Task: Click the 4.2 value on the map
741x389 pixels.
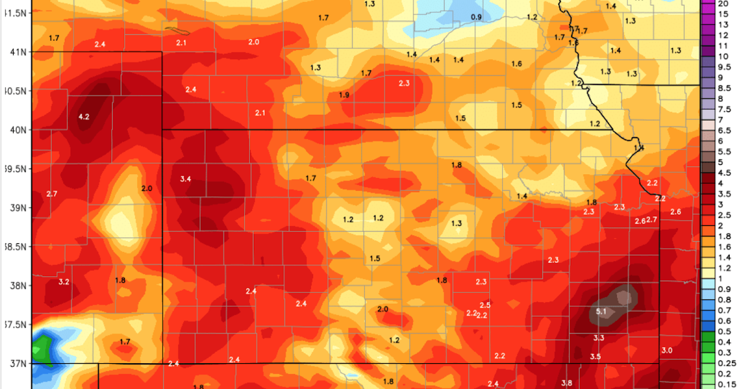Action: point(83,116)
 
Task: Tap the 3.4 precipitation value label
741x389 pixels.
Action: point(185,179)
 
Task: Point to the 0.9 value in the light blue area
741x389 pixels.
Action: point(476,17)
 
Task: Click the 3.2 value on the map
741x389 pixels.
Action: point(64,282)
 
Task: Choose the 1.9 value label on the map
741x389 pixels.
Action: point(344,94)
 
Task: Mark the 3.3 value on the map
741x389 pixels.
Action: point(598,338)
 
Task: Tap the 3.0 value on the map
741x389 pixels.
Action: point(667,351)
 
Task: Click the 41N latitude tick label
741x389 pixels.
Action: point(16,52)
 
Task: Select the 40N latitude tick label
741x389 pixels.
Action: point(16,130)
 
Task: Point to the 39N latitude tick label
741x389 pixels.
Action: point(16,207)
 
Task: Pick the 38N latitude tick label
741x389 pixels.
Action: point(16,285)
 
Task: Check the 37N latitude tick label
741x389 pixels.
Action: point(16,363)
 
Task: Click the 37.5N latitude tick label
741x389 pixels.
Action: point(15,324)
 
